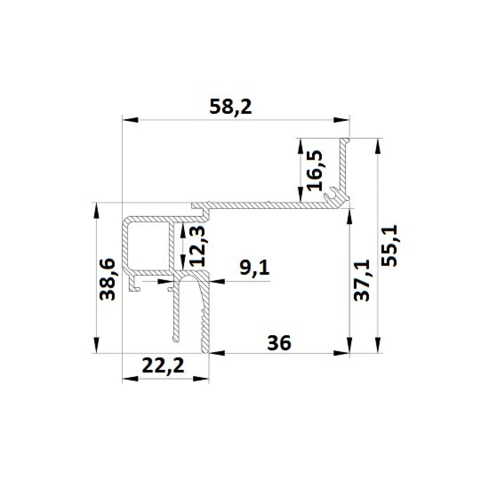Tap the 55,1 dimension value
coord(390,246)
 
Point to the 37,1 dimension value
coord(362,280)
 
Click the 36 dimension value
coord(279,343)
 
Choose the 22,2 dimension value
coord(164,366)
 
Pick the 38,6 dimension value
coord(107,279)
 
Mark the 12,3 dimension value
coord(198,246)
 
